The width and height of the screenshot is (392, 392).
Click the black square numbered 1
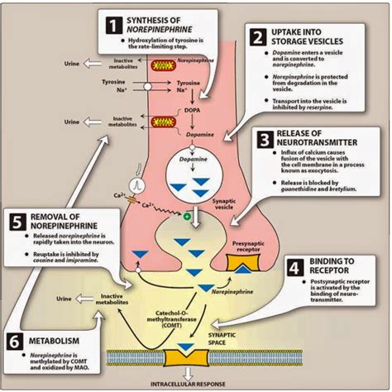pos(111,24)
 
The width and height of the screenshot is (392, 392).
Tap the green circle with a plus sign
pos(188,218)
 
